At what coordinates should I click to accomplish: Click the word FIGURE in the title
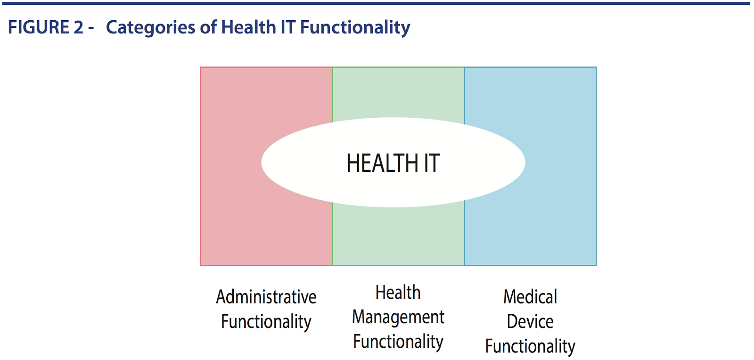[38, 27]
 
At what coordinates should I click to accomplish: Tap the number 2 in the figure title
[78, 27]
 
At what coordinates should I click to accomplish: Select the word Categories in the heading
[150, 28]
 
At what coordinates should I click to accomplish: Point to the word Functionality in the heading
[355, 28]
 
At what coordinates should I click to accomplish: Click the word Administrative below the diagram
[266, 297]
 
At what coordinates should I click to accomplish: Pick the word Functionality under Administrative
[266, 322]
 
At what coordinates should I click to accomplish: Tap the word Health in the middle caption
[398, 292]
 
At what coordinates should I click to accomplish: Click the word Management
[398, 318]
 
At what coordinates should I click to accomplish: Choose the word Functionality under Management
[398, 342]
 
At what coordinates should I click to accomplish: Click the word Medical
[530, 297]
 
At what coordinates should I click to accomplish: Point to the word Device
[530, 322]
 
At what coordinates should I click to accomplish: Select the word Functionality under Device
[530, 347]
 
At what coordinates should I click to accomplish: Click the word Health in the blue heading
[248, 27]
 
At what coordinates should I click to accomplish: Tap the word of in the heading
[208, 27]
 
